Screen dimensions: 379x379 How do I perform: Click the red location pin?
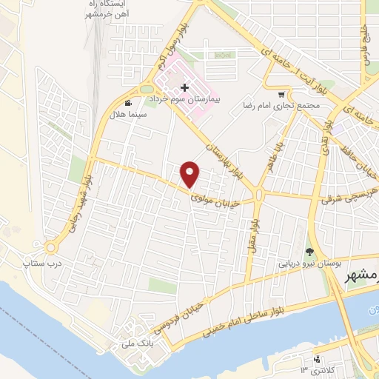(x=190, y=174)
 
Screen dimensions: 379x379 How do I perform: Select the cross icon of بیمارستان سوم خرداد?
(x=184, y=88)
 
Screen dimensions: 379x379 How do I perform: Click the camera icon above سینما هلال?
(x=129, y=104)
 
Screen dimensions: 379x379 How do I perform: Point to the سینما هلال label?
(x=136, y=115)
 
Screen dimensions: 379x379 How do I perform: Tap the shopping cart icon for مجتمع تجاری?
(x=281, y=95)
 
